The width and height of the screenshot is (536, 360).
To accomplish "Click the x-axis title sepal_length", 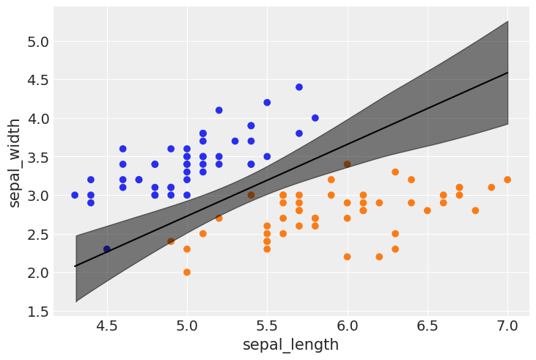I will tap(291, 345).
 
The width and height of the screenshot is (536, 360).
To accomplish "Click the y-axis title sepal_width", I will tap(15, 162).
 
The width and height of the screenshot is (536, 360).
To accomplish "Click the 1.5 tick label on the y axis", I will tap(34, 312).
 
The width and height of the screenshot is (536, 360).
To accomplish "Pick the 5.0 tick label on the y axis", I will tap(34, 42).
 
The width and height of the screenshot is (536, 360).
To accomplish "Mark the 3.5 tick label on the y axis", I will tap(34, 158).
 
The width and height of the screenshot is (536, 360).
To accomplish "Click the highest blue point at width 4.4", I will tap(299, 87).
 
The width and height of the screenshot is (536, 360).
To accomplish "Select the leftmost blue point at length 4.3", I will tap(75, 195).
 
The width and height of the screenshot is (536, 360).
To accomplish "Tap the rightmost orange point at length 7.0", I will tap(507, 180).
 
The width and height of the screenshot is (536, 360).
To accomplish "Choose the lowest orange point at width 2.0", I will tap(187, 272).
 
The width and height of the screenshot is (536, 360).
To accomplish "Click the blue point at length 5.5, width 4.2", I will tap(267, 103).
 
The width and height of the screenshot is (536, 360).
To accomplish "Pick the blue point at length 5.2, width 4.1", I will tap(219, 110).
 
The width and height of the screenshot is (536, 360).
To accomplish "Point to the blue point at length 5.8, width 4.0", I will tap(315, 118).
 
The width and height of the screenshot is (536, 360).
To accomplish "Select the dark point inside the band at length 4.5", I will tap(107, 249).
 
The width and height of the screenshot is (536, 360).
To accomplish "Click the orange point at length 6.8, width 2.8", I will tap(475, 210).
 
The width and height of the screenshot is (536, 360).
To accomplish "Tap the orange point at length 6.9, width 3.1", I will tap(491, 187).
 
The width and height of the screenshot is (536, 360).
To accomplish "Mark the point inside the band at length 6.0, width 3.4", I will tap(348, 164).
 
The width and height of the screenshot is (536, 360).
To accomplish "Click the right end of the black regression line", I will tap(507, 73).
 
